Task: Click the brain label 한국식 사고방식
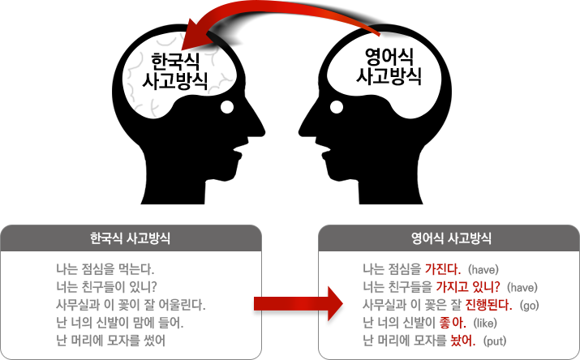(x=174, y=71)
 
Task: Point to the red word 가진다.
(x=443, y=268)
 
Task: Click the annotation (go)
(x=528, y=305)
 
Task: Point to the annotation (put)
(x=494, y=341)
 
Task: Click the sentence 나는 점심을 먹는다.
(x=105, y=268)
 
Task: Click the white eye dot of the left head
(x=228, y=107)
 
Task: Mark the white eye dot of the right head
(x=335, y=105)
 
